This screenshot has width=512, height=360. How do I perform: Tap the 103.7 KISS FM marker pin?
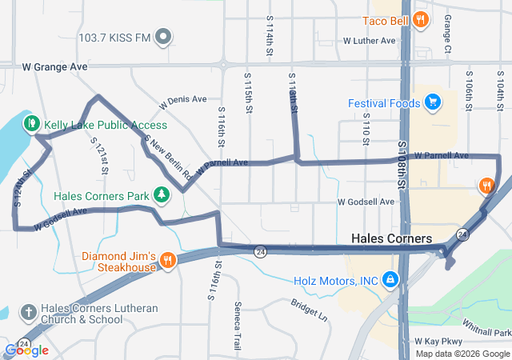coord(163,37)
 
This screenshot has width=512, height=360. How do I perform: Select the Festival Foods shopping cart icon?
coord(433,102)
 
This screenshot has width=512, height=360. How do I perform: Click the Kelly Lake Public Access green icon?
coord(32,124)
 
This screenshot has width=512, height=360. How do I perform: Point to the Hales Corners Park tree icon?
coord(162,194)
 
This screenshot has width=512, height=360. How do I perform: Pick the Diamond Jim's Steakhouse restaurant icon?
coord(167,260)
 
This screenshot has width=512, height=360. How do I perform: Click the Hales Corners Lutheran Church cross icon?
coord(28,313)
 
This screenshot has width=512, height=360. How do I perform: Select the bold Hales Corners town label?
coord(391,239)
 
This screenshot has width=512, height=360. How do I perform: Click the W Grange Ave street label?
coord(55,68)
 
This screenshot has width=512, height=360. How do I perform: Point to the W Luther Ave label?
coord(369,40)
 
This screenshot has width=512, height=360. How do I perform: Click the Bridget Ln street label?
coord(310,310)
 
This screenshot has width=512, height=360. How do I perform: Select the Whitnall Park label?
coord(486,327)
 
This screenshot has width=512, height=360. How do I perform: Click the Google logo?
coord(26,350)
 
